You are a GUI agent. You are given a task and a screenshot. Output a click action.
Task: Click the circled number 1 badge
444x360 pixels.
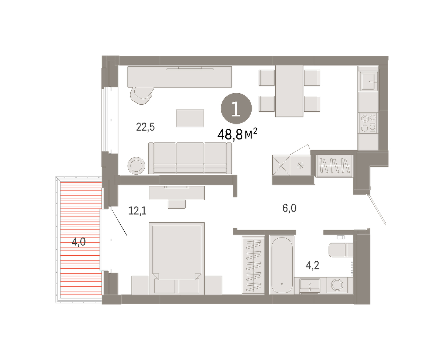click(x=236, y=108)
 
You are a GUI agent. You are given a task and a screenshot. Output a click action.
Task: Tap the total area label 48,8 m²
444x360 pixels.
click(x=237, y=134)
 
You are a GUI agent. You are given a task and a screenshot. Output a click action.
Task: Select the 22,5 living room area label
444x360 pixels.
click(x=145, y=127)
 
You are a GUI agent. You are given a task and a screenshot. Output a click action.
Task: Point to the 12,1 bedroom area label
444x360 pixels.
click(x=138, y=211)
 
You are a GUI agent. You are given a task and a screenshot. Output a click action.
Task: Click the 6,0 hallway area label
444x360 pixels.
click(x=289, y=208)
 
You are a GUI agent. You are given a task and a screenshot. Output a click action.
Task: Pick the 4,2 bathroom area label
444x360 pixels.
click(x=313, y=265)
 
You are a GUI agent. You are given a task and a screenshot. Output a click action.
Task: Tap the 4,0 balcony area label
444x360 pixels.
click(x=78, y=242)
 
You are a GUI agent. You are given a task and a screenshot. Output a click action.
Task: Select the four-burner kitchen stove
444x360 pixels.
click(x=368, y=123)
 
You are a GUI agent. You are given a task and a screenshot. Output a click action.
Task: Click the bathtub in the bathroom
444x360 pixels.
click(x=282, y=265)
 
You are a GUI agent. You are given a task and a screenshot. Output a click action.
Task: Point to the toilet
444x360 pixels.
click(x=341, y=250)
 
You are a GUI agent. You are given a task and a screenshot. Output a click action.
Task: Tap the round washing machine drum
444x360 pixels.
click(x=337, y=285)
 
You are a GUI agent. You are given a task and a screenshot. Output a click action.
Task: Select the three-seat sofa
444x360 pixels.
click(x=190, y=158)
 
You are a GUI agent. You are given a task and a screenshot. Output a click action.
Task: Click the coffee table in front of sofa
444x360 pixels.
click(x=190, y=118)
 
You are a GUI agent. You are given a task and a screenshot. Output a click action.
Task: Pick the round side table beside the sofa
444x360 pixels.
click(x=136, y=166)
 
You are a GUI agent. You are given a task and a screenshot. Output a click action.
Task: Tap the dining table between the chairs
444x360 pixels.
click(x=289, y=91)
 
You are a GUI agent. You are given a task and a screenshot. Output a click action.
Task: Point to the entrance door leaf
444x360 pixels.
click(x=377, y=209)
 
